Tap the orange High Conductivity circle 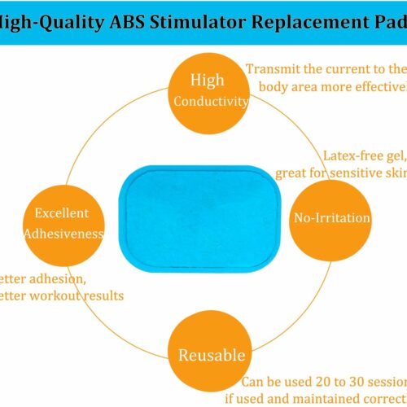207,90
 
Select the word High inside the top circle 207,80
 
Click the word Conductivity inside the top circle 211,102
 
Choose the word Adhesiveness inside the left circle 63,234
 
